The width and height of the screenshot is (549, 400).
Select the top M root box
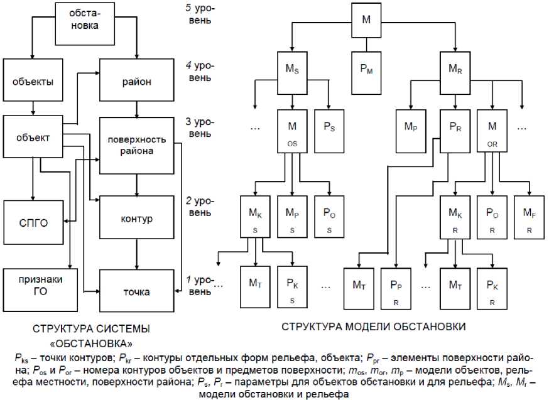click(x=367, y=19)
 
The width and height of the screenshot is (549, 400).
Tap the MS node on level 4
click(x=293, y=70)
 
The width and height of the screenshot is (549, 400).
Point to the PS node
click(x=329, y=131)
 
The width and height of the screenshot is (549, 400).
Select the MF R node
click(x=530, y=216)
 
